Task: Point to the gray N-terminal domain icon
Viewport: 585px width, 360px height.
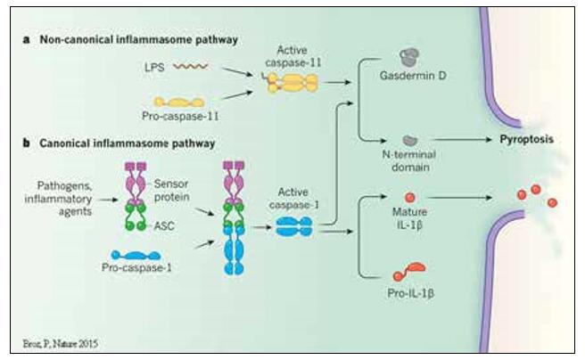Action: tap(408, 140)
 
